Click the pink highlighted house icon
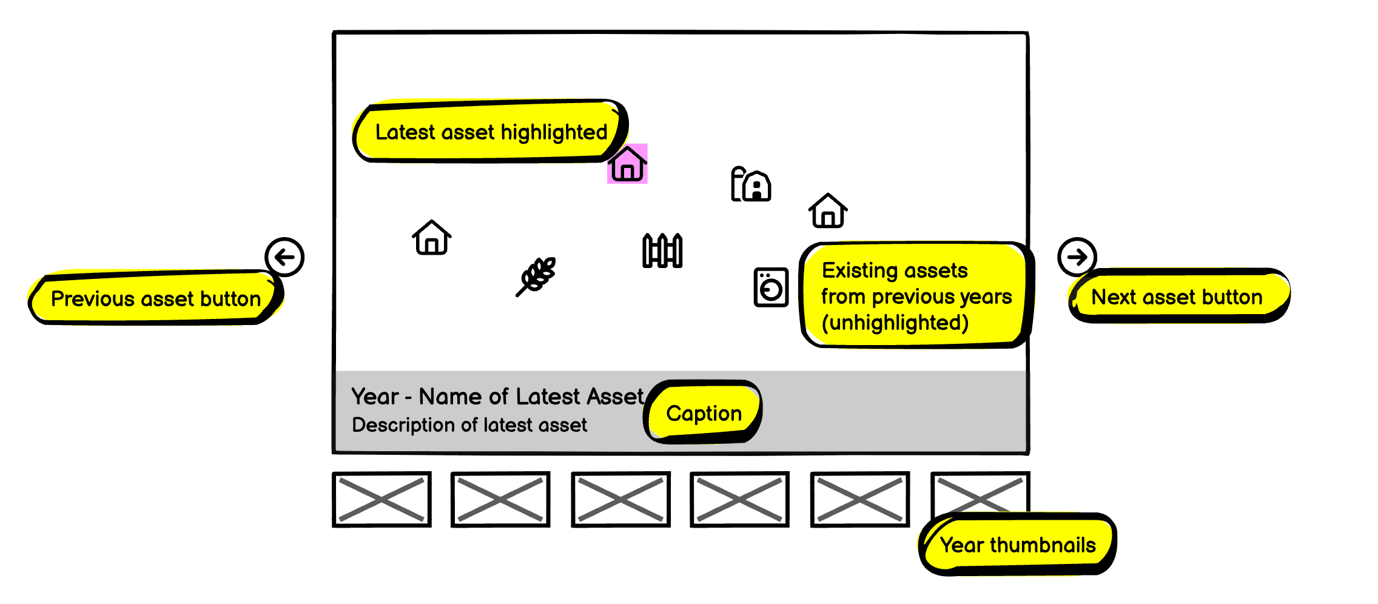627,164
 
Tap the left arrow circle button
284,257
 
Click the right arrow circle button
1077,257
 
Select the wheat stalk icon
537,276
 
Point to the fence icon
662,250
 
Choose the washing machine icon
771,287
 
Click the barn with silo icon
751,184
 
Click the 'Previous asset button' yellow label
155,298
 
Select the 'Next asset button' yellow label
1177,297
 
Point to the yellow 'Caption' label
703,413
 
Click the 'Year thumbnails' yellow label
1018,545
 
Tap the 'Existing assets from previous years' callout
916,296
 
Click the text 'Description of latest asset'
469,425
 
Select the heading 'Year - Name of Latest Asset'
497,397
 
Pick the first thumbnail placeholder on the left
381,499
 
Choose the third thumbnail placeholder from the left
620,499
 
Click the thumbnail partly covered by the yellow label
980,492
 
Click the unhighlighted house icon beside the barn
828,210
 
